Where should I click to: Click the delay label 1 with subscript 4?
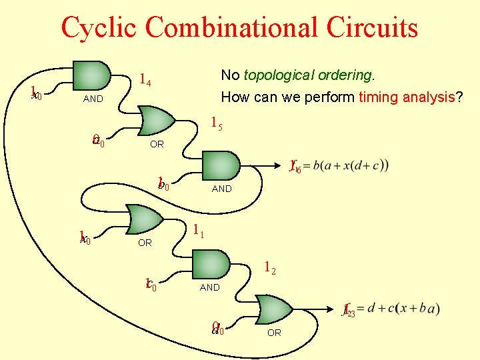coord(145,81)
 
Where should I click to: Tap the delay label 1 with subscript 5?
coord(216,123)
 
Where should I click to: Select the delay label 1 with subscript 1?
coord(198,231)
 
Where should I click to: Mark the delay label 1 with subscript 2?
coord(269,269)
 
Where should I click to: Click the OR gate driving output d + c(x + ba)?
coord(274,310)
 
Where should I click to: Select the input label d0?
coord(217,328)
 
